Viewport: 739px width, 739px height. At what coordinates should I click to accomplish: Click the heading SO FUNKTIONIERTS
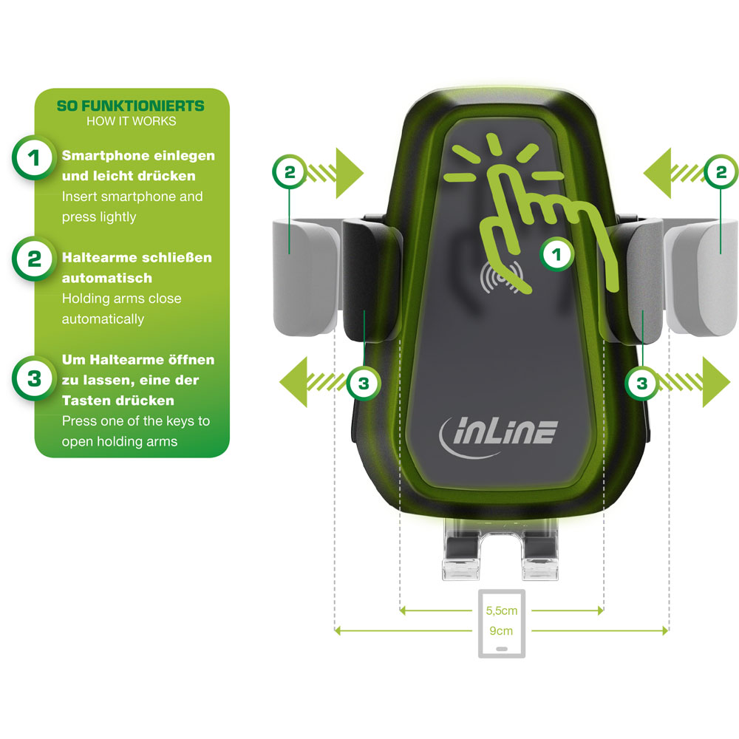point(131,106)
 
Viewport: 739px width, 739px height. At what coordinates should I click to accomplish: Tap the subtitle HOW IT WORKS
point(131,121)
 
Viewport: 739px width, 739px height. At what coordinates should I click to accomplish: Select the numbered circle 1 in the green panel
point(33,158)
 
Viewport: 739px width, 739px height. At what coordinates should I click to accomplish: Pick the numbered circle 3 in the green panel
point(33,378)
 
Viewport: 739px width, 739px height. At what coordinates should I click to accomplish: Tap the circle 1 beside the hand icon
point(556,254)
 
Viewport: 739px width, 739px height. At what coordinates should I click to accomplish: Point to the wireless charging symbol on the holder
point(501,277)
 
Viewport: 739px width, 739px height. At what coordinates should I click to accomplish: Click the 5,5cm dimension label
point(502,611)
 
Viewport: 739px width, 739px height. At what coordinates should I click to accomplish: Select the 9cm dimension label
point(501,631)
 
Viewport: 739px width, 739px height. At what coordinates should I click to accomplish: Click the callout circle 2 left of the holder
point(290,172)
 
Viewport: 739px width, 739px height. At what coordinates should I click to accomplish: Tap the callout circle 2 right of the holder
point(721,172)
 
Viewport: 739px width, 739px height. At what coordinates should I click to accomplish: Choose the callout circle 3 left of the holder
point(364,383)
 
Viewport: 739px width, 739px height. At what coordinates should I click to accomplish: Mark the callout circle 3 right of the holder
point(642,383)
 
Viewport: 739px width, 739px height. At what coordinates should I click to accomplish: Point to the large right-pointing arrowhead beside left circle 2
point(350,173)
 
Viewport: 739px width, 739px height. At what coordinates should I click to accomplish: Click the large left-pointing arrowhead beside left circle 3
point(293,382)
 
